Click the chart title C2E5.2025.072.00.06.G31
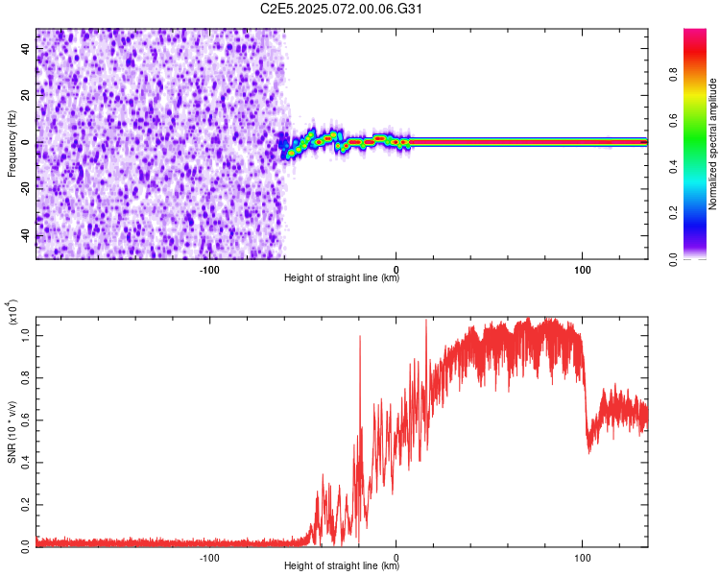tap(342, 9)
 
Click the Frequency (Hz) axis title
tap(12, 143)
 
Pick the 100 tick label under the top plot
tap(582, 269)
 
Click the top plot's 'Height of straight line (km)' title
tap(342, 279)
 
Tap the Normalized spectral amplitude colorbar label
tap(713, 143)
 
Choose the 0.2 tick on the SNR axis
tap(26, 502)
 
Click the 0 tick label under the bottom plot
tap(397, 557)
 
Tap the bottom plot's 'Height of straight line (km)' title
tap(342, 567)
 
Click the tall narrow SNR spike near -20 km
tap(360, 337)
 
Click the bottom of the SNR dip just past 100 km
tap(588, 451)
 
